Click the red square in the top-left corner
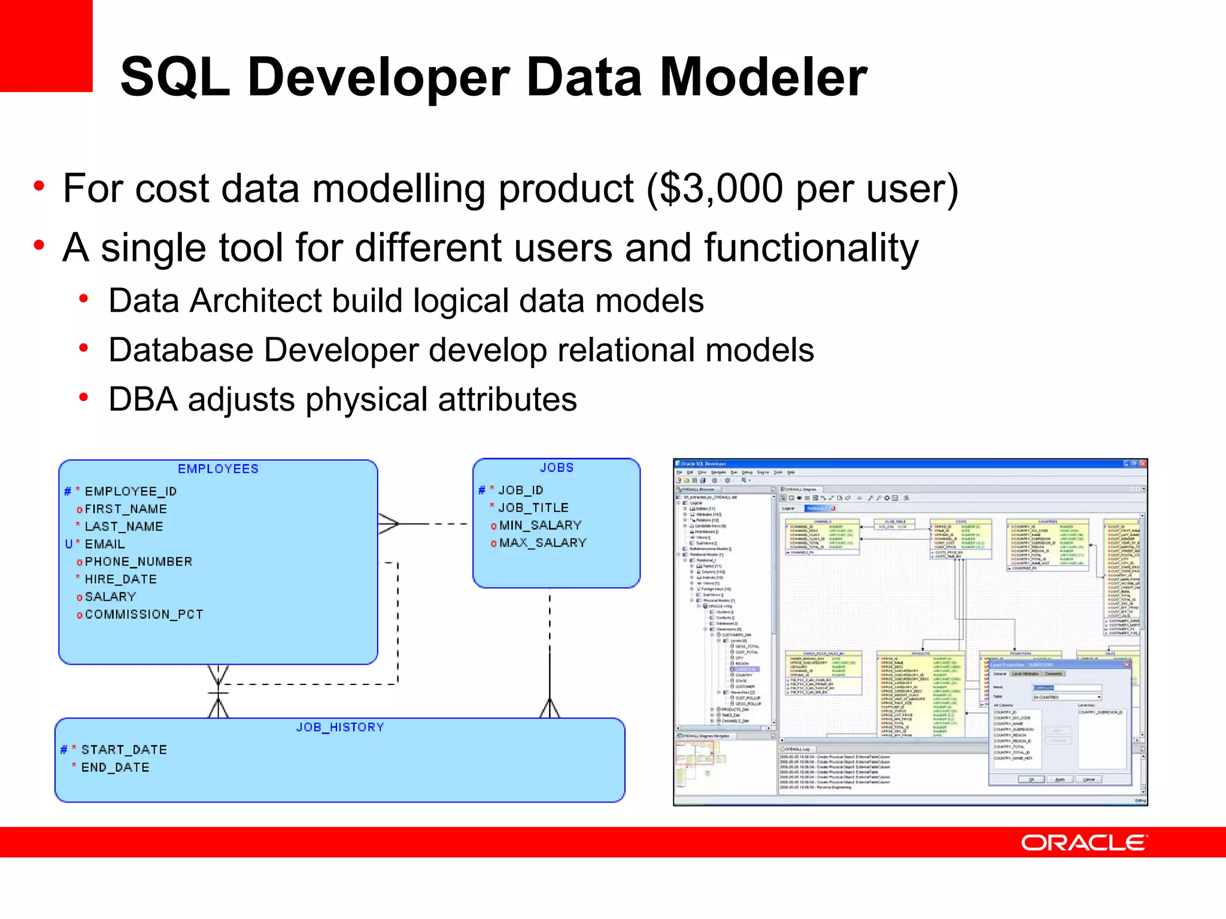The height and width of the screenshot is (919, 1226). tap(45, 45)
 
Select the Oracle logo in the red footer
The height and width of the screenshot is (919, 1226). tap(1084, 843)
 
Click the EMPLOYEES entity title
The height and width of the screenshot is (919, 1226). tap(218, 469)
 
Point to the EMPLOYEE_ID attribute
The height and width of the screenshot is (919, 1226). tap(131, 491)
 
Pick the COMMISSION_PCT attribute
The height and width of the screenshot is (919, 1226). tap(144, 614)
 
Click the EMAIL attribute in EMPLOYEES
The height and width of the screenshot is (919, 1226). tap(105, 544)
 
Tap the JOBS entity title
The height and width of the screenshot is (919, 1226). tap(556, 468)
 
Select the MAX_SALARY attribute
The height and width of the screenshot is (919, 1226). tap(542, 543)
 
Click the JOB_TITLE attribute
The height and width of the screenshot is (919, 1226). tap(533, 507)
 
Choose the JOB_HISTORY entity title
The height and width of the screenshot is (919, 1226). tap(339, 727)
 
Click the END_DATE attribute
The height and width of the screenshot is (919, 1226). tap(115, 767)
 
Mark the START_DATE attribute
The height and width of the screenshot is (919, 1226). tap(124, 750)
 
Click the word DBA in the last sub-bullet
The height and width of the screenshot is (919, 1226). tap(142, 400)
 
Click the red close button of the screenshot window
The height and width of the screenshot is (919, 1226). tap(1143, 464)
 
